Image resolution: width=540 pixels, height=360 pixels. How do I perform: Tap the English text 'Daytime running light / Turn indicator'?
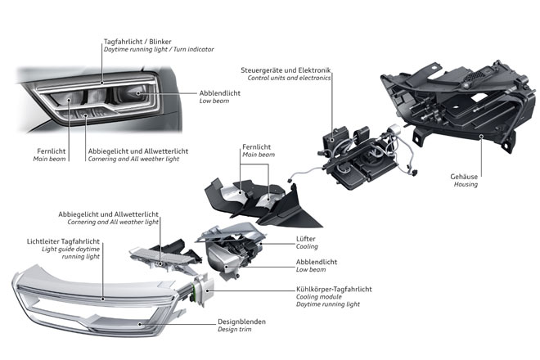pyautogui.click(x=159, y=50)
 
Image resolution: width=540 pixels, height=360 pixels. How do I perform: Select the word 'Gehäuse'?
pyautogui.click(x=464, y=175)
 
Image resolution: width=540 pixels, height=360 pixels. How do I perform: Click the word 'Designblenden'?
pyautogui.click(x=241, y=321)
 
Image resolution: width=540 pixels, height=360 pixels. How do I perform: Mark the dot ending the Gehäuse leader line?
pyautogui.click(x=482, y=138)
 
